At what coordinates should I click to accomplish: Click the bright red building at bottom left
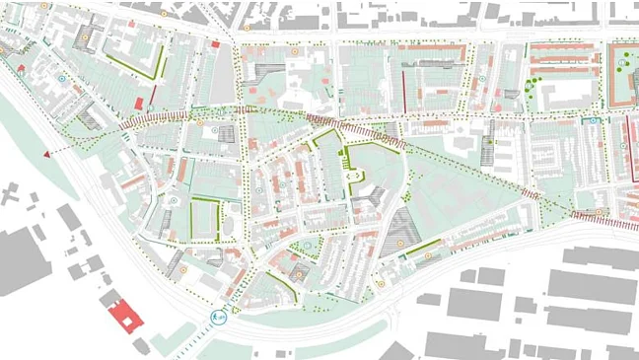click(x=125, y=317)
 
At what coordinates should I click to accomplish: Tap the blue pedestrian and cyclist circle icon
click(x=219, y=317)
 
